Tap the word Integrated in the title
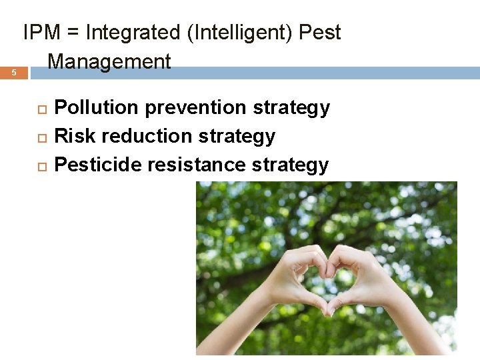point(134,33)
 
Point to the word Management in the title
point(109,62)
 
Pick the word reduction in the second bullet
point(137,136)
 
